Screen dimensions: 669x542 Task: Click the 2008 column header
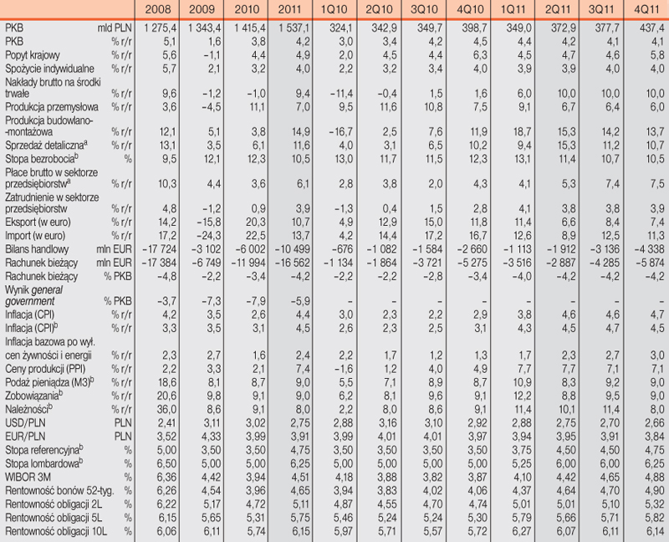pyautogui.click(x=158, y=9)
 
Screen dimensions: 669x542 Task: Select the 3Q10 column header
pyautogui.click(x=424, y=9)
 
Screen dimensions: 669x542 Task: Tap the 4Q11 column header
pyautogui.click(x=646, y=9)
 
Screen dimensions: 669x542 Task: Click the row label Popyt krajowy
pyautogui.click(x=33, y=55)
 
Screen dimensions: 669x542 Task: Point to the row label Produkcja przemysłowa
pyautogui.click(x=52, y=107)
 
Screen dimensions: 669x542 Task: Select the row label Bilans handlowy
pyautogui.click(x=37, y=249)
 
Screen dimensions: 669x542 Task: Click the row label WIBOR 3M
pyautogui.click(x=28, y=477)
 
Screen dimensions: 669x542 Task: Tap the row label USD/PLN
pyautogui.click(x=25, y=423)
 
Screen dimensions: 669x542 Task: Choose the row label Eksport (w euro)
pyautogui.click(x=38, y=222)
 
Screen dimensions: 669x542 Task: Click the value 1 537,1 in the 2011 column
pyautogui.click(x=294, y=28)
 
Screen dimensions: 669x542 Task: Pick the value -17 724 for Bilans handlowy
pyautogui.click(x=159, y=249)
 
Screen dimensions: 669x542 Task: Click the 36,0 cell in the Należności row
pyautogui.click(x=166, y=409)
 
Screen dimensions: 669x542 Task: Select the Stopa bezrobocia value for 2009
pyautogui.click(x=212, y=159)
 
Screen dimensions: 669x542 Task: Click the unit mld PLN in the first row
pyautogui.click(x=115, y=28)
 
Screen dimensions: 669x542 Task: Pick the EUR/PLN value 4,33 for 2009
pyautogui.click(x=212, y=437)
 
